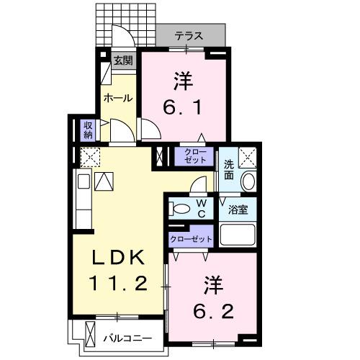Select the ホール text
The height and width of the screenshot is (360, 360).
tap(117, 97)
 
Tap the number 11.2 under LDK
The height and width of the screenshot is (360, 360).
tap(120, 282)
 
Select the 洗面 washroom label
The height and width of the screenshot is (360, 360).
tap(228, 168)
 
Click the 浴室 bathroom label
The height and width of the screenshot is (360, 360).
tap(238, 210)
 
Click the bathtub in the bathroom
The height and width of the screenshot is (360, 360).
tap(238, 235)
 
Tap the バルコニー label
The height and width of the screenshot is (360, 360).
tap(127, 336)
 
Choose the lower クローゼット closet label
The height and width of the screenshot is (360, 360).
tap(192, 238)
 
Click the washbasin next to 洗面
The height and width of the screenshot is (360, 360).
tap(248, 181)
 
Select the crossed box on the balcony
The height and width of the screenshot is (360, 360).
tap(90, 335)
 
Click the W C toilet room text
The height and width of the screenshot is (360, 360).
tap(202, 209)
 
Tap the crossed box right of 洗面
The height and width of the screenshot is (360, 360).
tap(248, 156)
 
